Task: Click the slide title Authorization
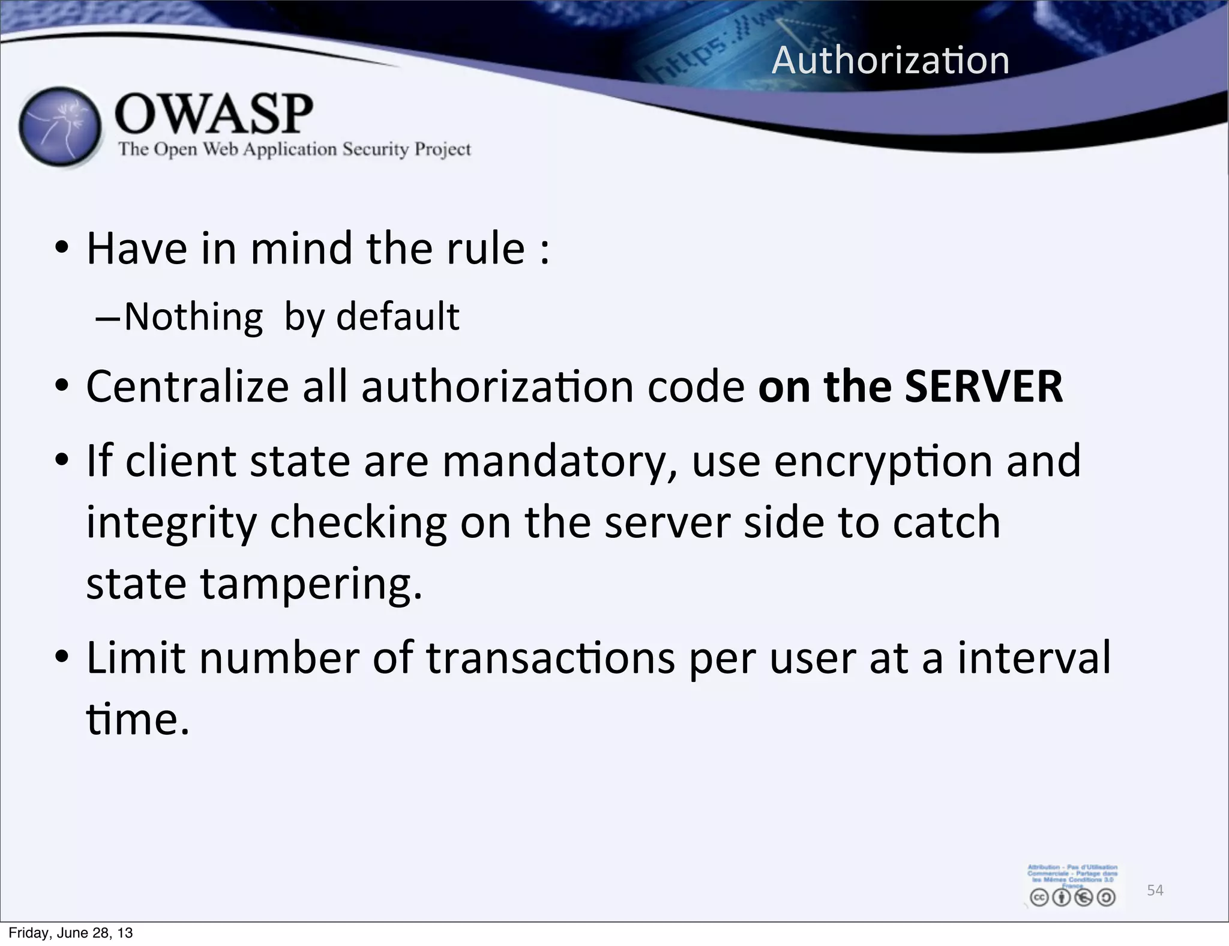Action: pyautogui.click(x=891, y=61)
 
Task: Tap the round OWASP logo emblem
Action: pyautogui.click(x=59, y=127)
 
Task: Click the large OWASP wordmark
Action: pyautogui.click(x=214, y=114)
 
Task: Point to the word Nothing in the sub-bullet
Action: pyautogui.click(x=193, y=317)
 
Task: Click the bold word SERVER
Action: pyautogui.click(x=984, y=387)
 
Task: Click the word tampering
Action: pyautogui.click(x=311, y=583)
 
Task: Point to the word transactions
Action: pyautogui.click(x=550, y=658)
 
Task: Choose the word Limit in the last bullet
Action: pyautogui.click(x=136, y=658)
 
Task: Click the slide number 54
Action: pyautogui.click(x=1155, y=890)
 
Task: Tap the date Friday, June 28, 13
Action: pyautogui.click(x=71, y=933)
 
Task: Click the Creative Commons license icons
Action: pyautogui.click(x=1072, y=897)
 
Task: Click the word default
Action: pyautogui.click(x=398, y=317)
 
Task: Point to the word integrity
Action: pyautogui.click(x=171, y=522)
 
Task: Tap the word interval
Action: pyautogui.click(x=1034, y=658)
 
